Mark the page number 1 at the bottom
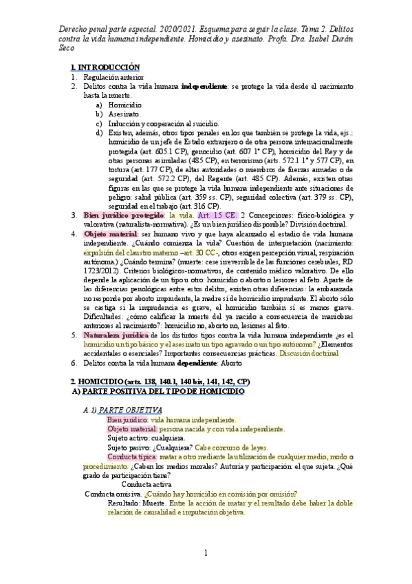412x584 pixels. click(206, 553)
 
